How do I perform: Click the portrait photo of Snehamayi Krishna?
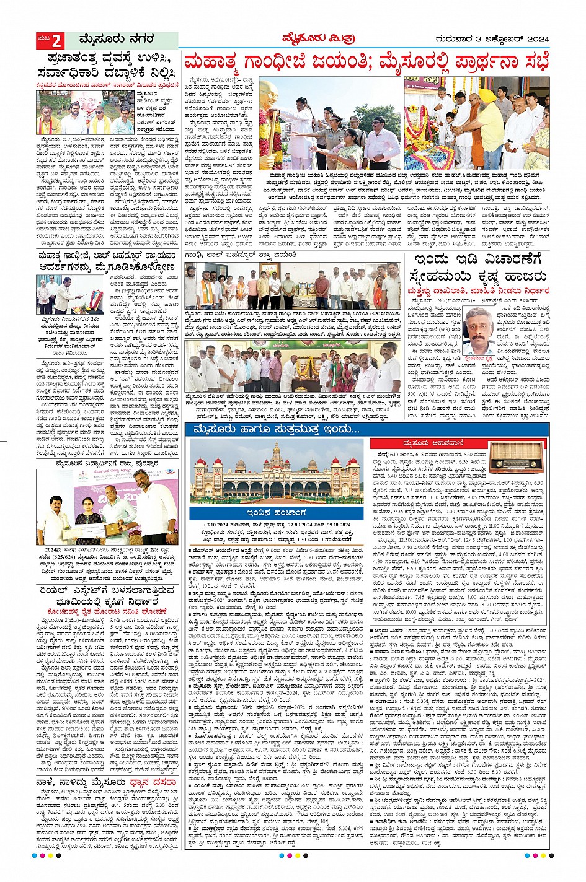click(479, 334)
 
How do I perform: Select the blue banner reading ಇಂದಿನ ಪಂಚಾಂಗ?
click(275, 513)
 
